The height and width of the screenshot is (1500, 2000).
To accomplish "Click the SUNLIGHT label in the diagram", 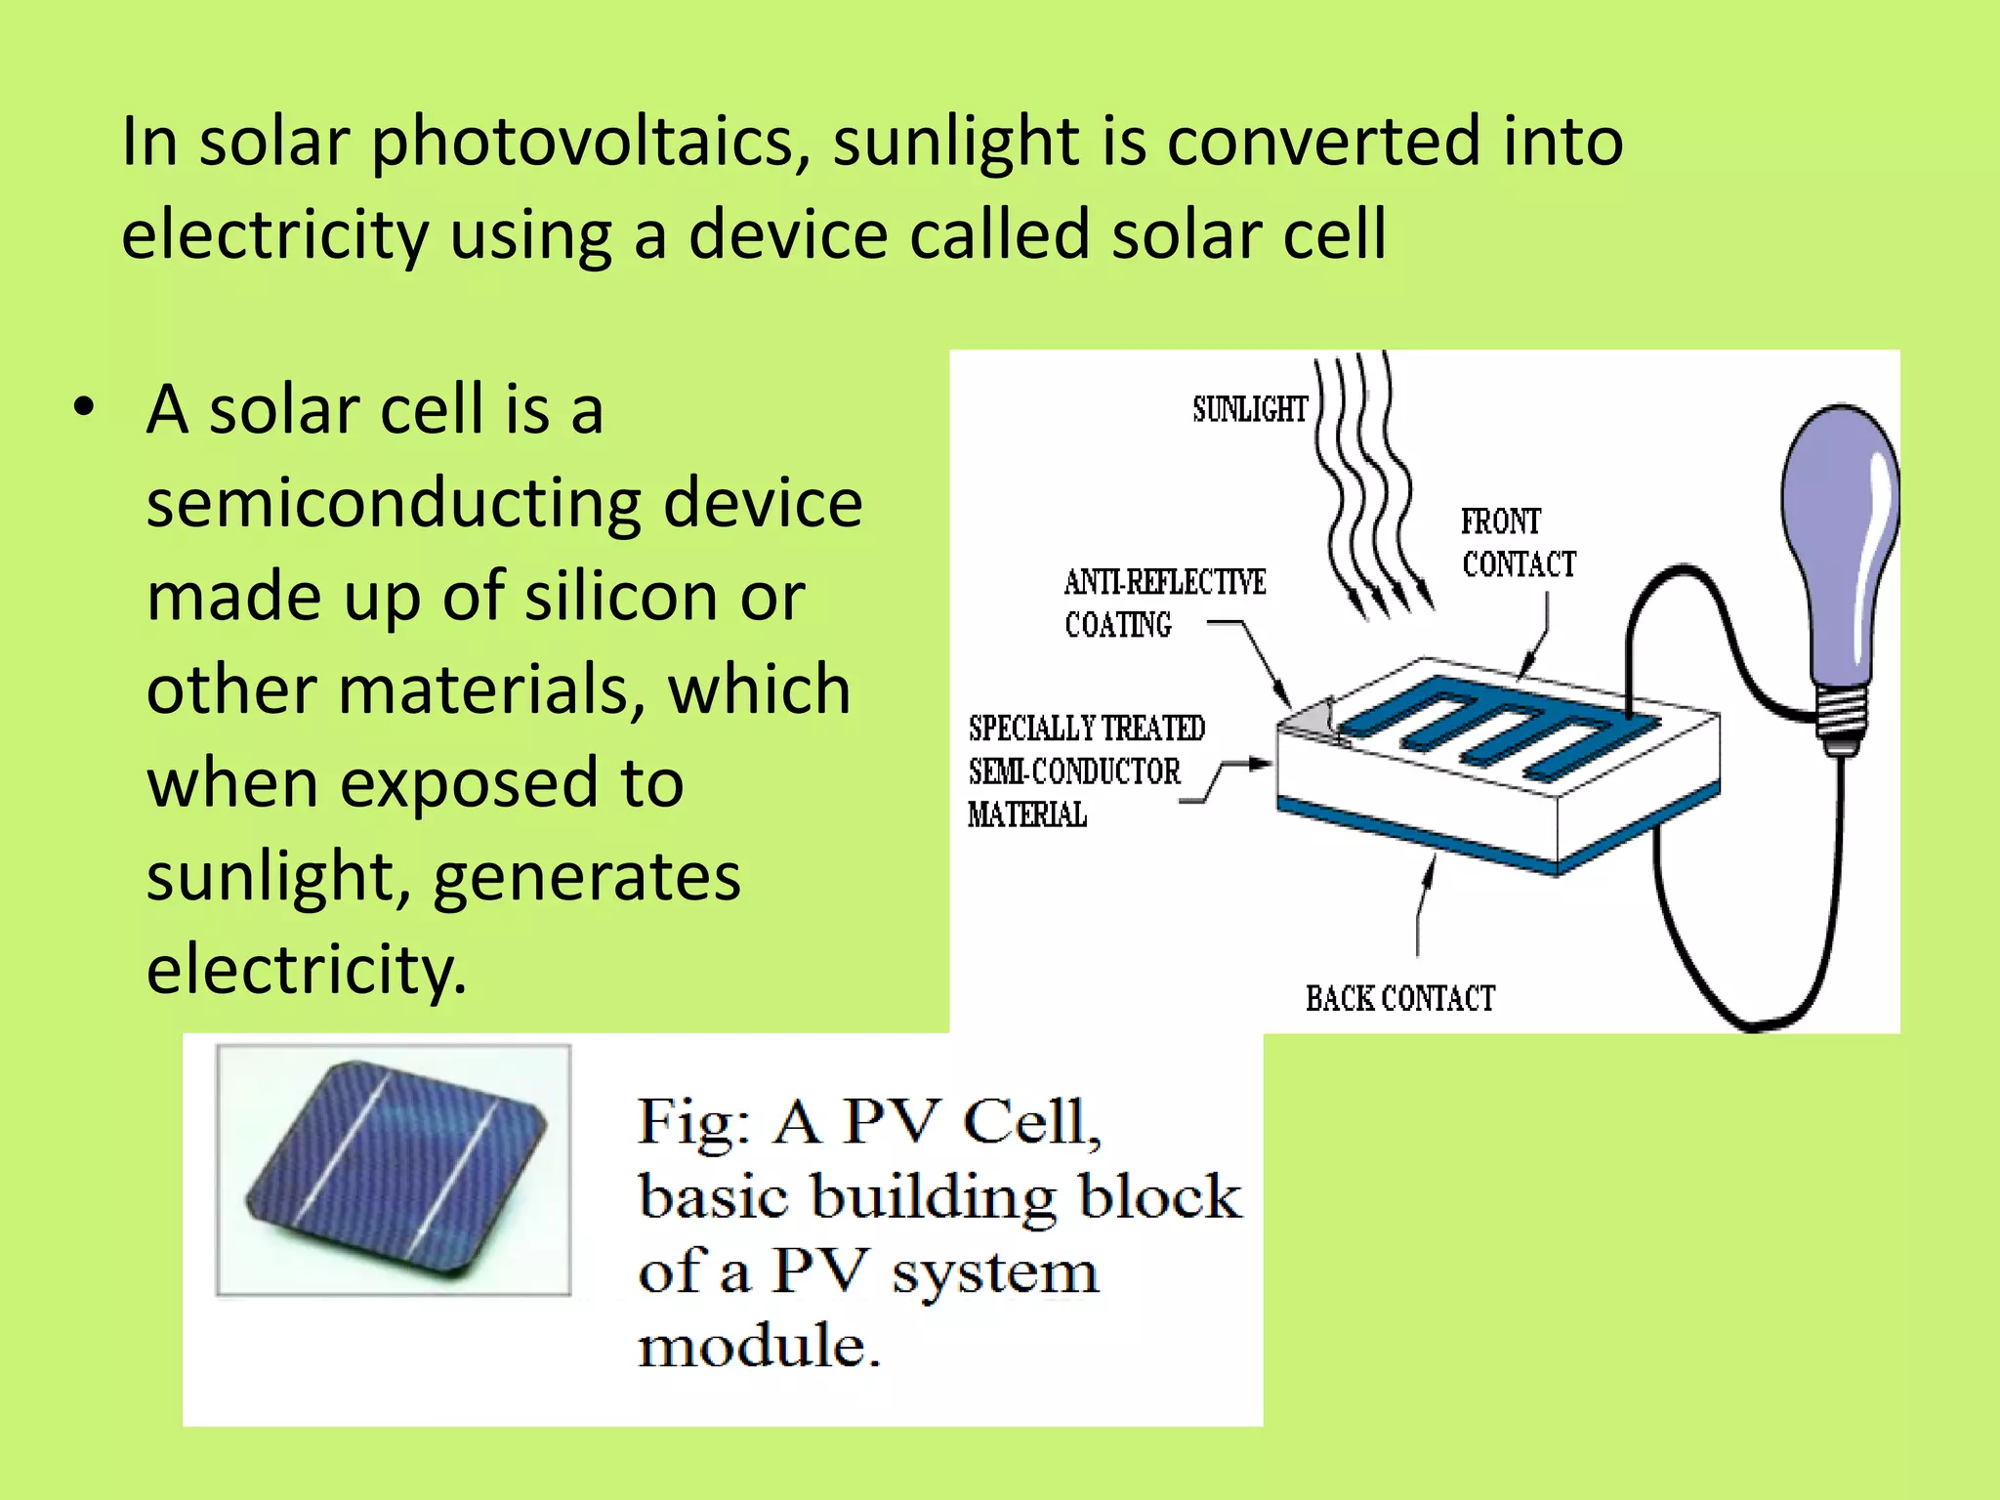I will (x=1249, y=409).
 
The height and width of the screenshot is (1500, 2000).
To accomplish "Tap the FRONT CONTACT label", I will (x=1518, y=543).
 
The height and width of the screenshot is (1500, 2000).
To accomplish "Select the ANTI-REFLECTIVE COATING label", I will (x=1164, y=603).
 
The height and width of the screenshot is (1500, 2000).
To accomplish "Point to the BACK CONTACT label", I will (x=1399, y=998).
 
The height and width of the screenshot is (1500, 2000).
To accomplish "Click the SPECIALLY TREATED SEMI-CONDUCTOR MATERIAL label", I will (x=1085, y=771).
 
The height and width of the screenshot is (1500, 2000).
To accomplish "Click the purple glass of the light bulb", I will (x=1840, y=537).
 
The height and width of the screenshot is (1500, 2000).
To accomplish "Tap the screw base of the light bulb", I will (x=1843, y=721).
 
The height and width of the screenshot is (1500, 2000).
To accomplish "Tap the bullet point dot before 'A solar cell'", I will (x=85, y=408).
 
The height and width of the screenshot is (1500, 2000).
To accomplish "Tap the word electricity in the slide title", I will (x=274, y=234).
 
